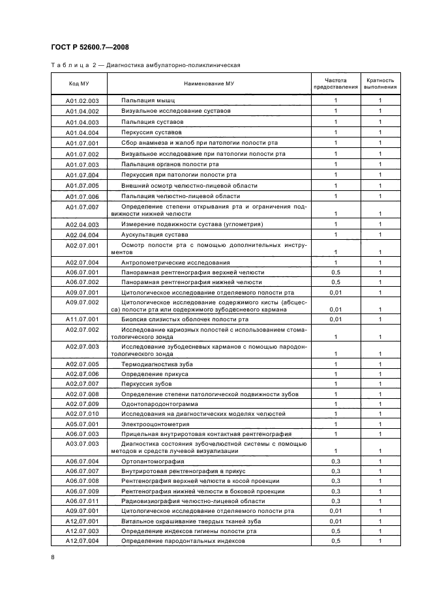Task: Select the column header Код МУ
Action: tap(79, 83)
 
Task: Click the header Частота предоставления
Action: tap(336, 83)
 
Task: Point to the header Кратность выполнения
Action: tap(379, 83)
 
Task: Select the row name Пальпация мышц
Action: tap(148, 101)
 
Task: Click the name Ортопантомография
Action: tap(155, 461)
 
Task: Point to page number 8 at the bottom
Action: tap(53, 557)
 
